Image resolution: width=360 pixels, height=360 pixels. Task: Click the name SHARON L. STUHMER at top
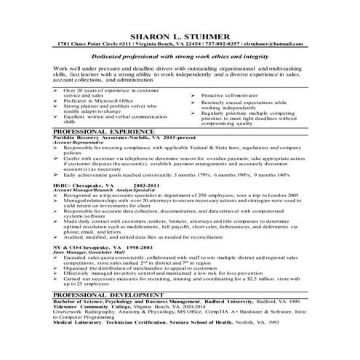pyautogui.click(x=180, y=36)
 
